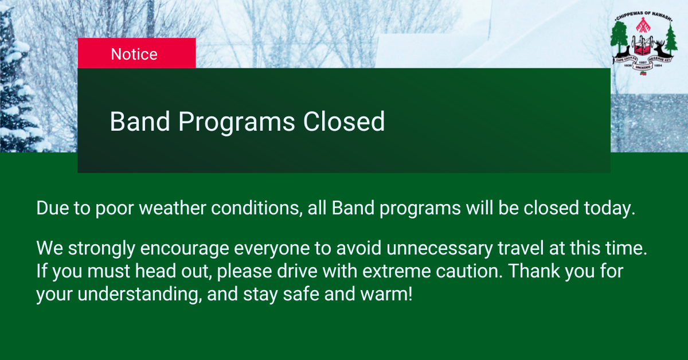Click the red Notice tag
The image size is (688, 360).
(x=136, y=53)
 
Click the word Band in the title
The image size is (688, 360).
(x=140, y=122)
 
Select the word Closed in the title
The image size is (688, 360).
(x=343, y=122)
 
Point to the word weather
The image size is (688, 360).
(x=173, y=208)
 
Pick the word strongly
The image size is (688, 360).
(x=101, y=248)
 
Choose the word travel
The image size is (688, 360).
(x=521, y=248)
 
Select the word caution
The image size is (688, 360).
(x=470, y=271)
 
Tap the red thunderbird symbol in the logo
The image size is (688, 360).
(x=643, y=25)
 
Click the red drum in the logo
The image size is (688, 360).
(x=643, y=46)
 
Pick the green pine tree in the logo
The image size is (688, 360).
(x=671, y=38)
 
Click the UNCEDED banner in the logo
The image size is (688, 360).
(x=643, y=67)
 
